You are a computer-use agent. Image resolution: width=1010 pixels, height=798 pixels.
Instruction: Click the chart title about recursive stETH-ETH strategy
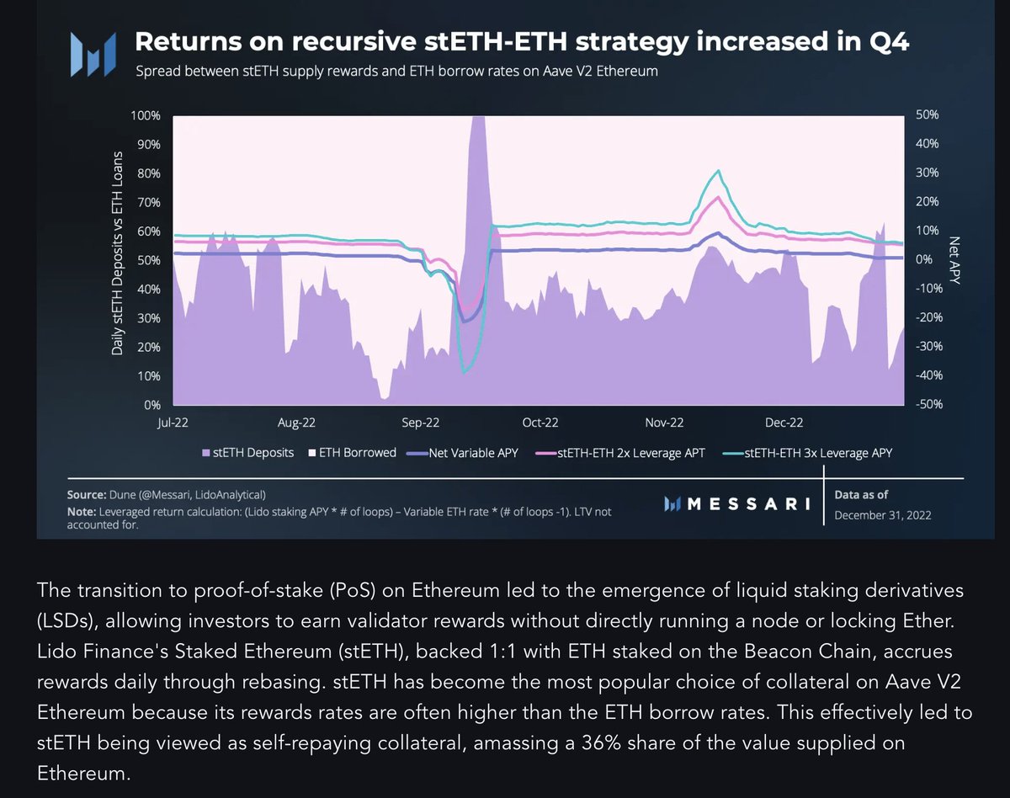pos(522,43)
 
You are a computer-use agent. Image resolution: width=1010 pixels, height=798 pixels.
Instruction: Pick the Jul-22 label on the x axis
pos(173,423)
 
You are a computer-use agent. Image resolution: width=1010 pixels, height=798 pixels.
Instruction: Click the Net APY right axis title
pos(954,259)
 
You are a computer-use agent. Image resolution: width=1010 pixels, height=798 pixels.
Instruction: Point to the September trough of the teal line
pos(464,371)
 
